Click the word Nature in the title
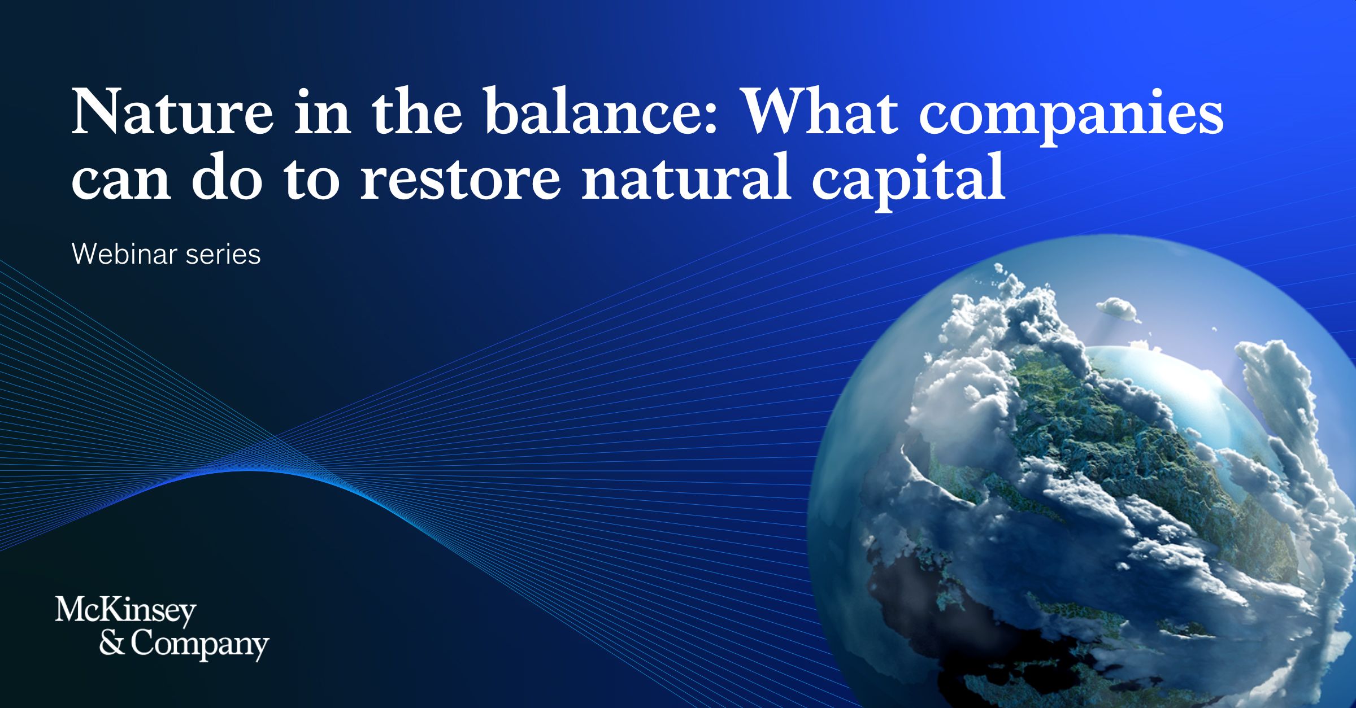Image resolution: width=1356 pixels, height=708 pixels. click(172, 111)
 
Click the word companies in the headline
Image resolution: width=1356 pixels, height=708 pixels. click(1071, 115)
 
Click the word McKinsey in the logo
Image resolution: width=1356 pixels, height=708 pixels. click(125, 610)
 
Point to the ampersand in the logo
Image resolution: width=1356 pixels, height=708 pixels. click(112, 643)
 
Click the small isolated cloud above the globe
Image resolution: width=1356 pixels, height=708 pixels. click(1116, 309)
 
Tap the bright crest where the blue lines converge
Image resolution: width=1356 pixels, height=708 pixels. click(249, 472)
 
